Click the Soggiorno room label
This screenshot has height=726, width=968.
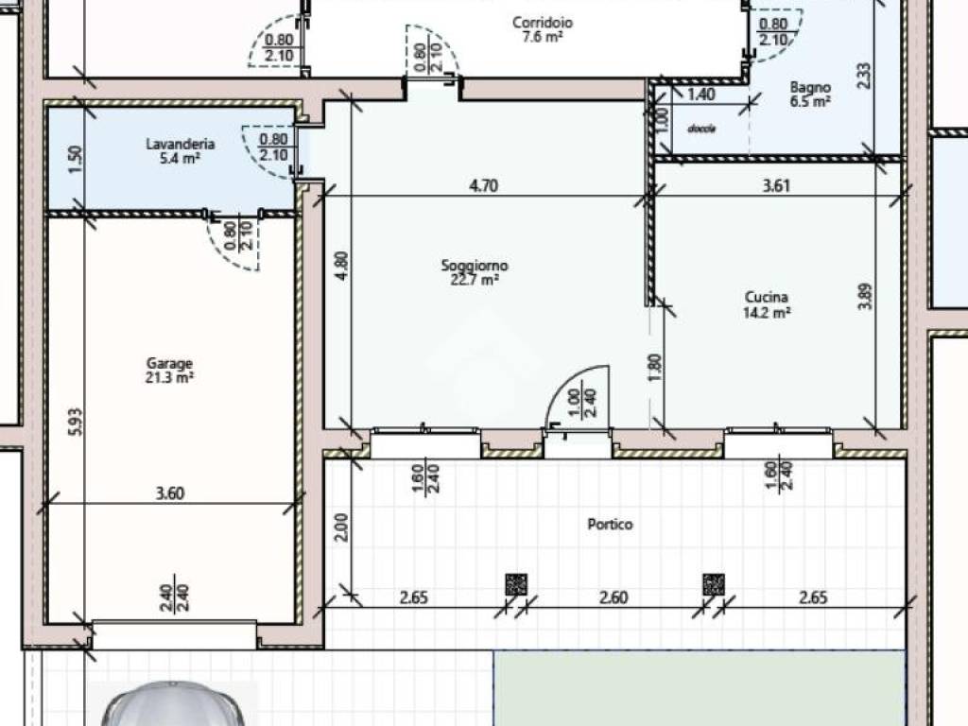(x=475, y=266)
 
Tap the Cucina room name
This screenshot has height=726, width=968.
(x=766, y=297)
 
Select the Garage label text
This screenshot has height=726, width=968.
(x=169, y=363)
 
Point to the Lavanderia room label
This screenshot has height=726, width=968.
(x=181, y=144)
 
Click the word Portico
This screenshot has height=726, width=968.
(x=610, y=524)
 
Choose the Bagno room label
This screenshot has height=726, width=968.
(x=810, y=88)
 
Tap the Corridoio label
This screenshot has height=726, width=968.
(x=543, y=23)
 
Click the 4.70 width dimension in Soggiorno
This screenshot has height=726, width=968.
(x=483, y=185)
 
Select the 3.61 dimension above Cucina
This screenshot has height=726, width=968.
(x=776, y=185)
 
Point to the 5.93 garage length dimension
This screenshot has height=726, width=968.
(x=75, y=423)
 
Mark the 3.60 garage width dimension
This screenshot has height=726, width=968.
(x=170, y=493)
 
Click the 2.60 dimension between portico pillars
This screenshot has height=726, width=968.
(x=614, y=597)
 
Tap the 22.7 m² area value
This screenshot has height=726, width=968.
(x=475, y=280)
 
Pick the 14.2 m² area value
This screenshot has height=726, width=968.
(x=767, y=312)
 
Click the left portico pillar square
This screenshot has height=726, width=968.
(x=516, y=584)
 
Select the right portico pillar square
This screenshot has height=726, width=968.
(x=714, y=584)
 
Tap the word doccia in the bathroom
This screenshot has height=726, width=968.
(x=701, y=129)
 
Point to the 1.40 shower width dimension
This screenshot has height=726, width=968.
(x=701, y=95)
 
